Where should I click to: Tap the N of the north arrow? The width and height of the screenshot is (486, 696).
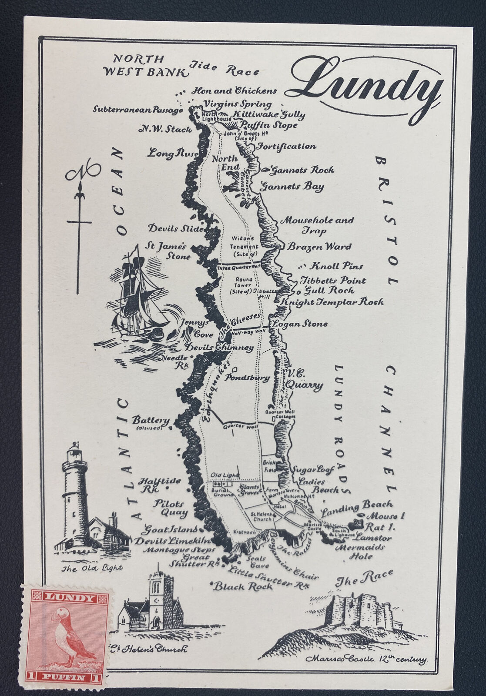click(83, 172)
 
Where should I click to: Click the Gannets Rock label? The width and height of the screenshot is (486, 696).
click(302, 170)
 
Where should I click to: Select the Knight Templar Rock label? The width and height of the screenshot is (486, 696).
click(333, 301)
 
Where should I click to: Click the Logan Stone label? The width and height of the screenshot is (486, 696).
click(300, 324)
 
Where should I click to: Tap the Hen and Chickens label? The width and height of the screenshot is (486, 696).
click(235, 91)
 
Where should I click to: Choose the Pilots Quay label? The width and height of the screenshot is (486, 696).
click(170, 508)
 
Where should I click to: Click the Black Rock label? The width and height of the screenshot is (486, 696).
click(243, 586)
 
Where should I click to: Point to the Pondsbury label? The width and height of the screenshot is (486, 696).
click(247, 378)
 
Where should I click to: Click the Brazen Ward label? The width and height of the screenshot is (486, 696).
click(319, 247)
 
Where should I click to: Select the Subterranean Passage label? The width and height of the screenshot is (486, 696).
click(137, 110)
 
